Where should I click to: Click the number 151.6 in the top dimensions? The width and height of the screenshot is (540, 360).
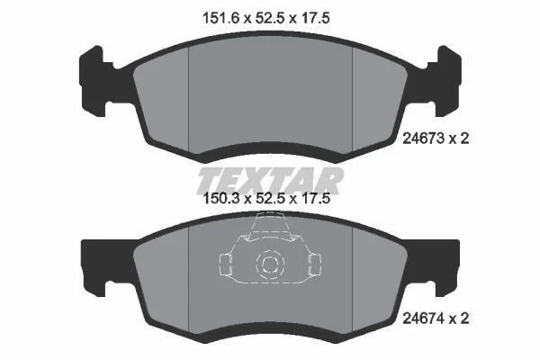click(x=220, y=18)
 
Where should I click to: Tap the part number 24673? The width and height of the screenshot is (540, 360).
click(x=423, y=139)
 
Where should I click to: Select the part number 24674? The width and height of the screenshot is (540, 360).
click(x=423, y=319)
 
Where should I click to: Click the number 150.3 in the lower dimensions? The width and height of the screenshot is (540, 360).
click(x=221, y=198)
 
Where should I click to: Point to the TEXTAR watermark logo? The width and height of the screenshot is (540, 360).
click(x=270, y=181)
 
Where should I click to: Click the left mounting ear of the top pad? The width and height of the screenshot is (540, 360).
click(x=94, y=81)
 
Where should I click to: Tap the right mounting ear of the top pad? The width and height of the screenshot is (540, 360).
click(x=447, y=81)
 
